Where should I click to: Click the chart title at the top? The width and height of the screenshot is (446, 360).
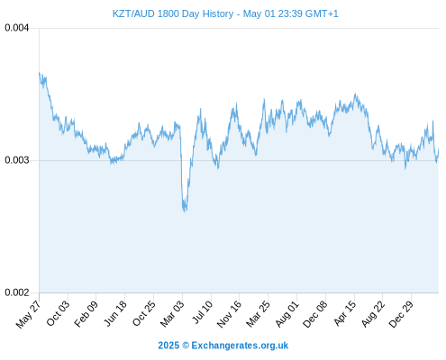225,13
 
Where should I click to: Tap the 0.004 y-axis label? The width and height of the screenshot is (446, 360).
17,28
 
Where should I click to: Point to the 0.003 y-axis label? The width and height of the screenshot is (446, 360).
17,160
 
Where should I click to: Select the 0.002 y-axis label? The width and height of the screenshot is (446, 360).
17,292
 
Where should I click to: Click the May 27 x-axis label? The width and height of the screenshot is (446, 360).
29,314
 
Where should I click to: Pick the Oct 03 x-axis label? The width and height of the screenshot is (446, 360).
58,313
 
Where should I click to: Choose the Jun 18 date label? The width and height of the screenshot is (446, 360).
115,313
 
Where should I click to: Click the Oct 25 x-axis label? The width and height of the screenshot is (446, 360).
144,313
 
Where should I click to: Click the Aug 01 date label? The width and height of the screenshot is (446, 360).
287,313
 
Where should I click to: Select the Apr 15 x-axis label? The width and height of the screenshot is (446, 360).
345,313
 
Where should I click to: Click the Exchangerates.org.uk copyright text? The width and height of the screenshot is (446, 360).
223,346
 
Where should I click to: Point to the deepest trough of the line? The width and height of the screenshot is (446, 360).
185,211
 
